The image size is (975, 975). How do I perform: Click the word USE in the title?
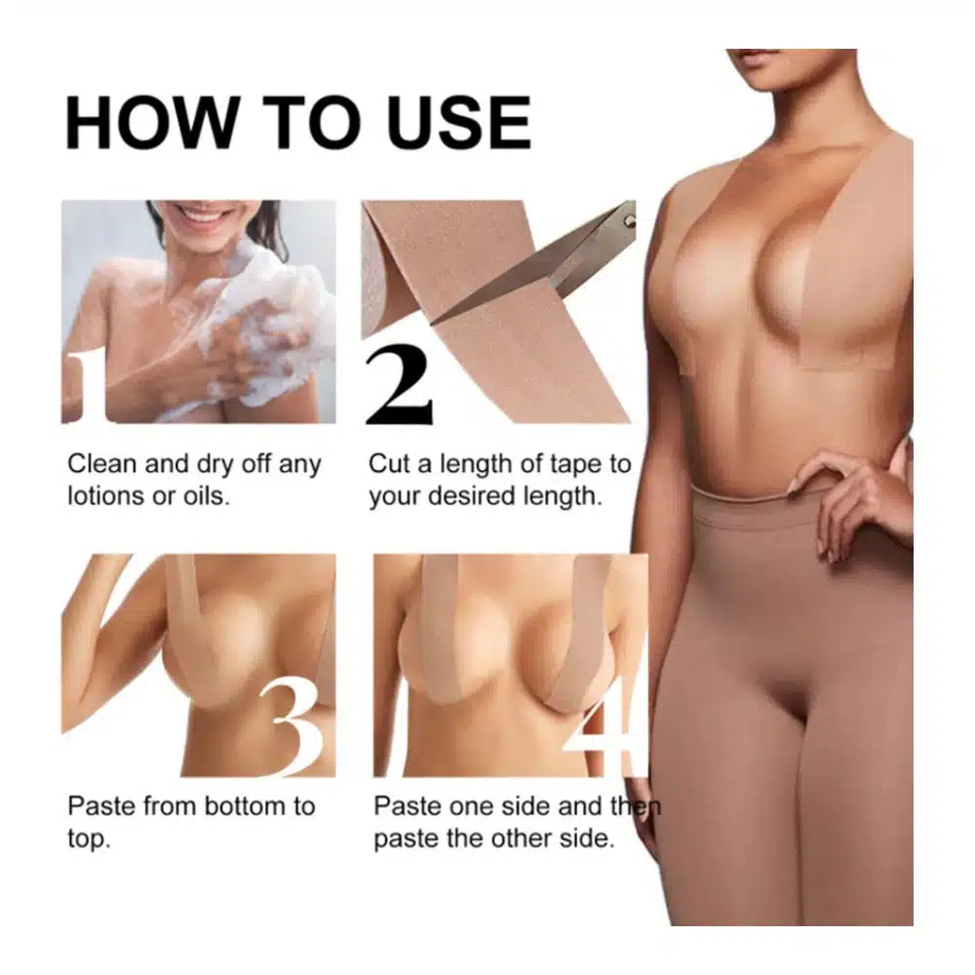[459, 123]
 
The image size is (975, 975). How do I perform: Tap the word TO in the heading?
[312, 123]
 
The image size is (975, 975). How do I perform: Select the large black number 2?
[399, 384]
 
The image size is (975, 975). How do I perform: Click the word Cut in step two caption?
[389, 464]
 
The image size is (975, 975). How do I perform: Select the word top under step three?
[89, 840]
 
